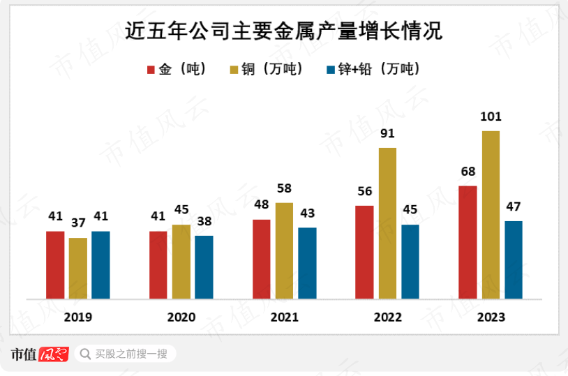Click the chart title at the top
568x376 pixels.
(x=283, y=31)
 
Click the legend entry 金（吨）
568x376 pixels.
(x=176, y=69)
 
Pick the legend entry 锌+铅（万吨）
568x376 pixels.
(x=373, y=69)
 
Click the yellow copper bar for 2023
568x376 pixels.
(x=491, y=215)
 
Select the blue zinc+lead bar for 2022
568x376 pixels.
(x=410, y=262)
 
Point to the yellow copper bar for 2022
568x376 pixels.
(x=387, y=223)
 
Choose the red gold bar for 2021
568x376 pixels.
(x=262, y=259)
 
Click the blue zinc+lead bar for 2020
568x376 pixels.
(x=204, y=267)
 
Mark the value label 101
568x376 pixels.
(x=491, y=116)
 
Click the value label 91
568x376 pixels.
(x=387, y=133)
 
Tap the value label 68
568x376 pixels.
(x=468, y=172)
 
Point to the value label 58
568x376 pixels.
(x=284, y=188)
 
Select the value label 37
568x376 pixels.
(x=78, y=223)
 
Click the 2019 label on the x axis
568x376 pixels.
(x=77, y=317)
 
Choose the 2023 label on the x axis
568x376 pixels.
(x=491, y=317)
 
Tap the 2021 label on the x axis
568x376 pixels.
(x=284, y=317)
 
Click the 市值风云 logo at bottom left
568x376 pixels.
(x=39, y=354)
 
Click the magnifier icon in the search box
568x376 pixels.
(x=85, y=354)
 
